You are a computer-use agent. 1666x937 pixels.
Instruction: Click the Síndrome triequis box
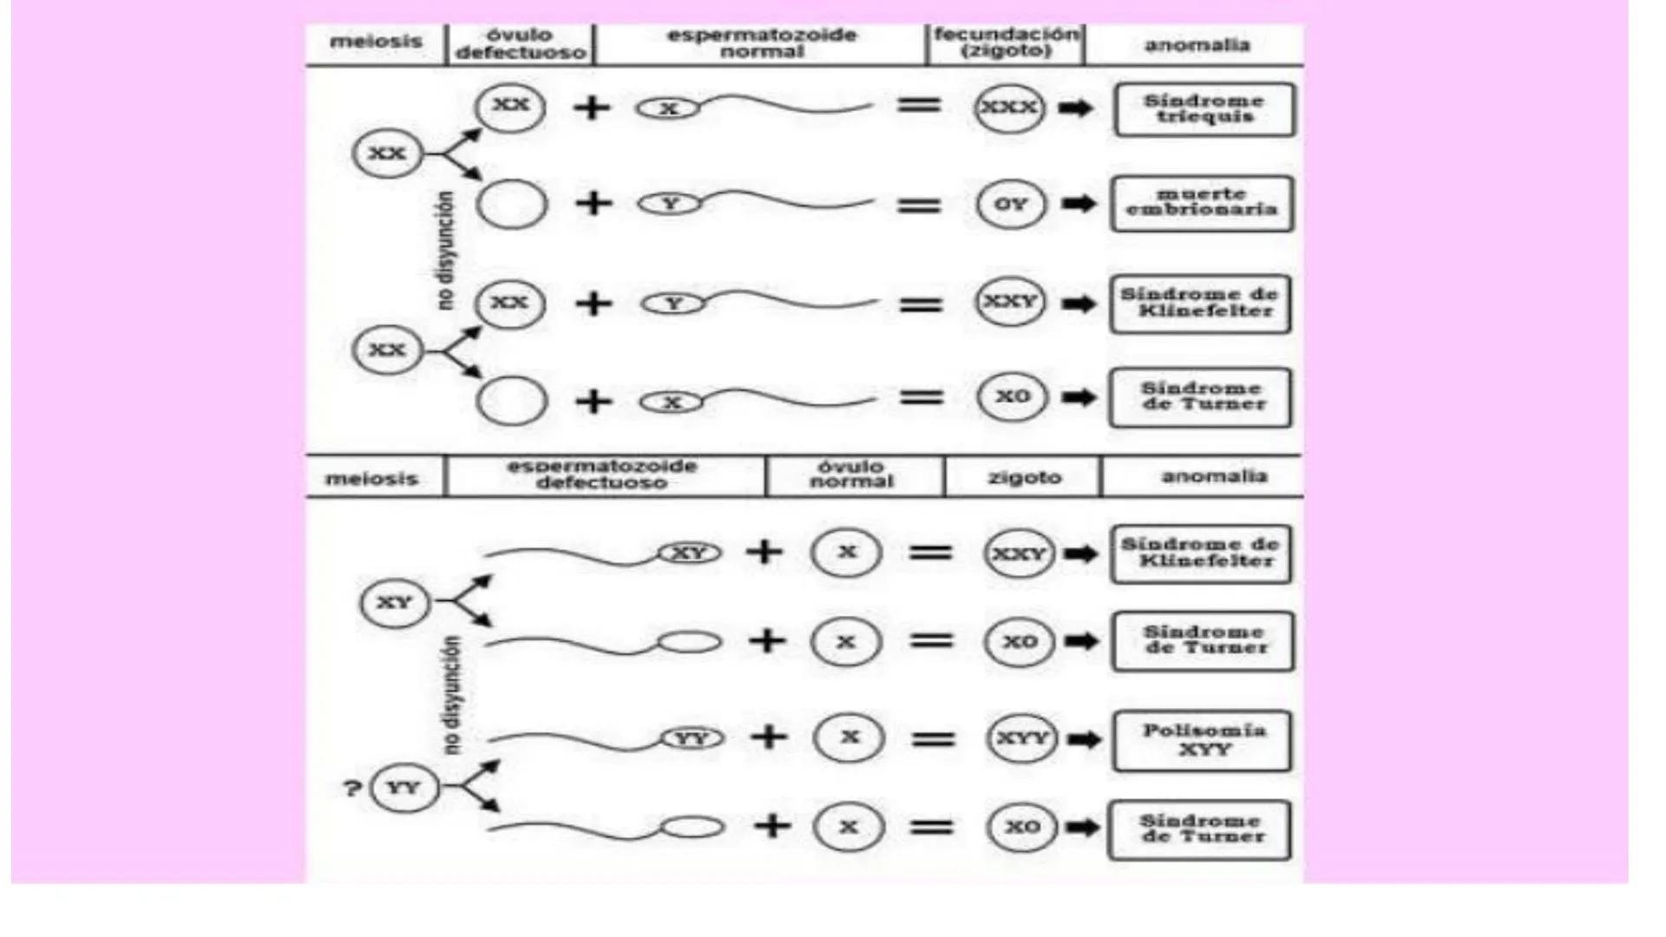[1204, 109]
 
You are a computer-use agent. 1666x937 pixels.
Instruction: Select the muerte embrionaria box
[1202, 203]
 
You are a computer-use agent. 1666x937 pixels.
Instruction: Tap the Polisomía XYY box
[1203, 740]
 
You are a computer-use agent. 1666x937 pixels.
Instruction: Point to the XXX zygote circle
[1008, 108]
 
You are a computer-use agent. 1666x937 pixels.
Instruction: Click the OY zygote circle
[1010, 205]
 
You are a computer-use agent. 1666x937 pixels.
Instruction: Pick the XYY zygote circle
[1022, 738]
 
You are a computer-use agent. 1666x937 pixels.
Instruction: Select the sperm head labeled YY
[692, 738]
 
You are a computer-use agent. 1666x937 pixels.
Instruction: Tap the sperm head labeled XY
[689, 553]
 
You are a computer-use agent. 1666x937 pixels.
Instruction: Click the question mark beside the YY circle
[351, 789]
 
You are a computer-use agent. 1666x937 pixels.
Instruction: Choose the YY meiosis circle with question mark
[403, 788]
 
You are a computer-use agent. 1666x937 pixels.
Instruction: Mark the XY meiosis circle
[395, 603]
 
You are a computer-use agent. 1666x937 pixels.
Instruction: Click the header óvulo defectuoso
[521, 43]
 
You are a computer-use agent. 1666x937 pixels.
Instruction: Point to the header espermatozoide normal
[761, 43]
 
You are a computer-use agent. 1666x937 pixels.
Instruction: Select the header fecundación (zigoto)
[1006, 43]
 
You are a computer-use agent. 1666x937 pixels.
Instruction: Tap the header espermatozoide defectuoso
[602, 475]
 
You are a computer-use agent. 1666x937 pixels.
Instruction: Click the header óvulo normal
[851, 474]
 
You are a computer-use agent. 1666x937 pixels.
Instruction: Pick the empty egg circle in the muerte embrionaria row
[512, 205]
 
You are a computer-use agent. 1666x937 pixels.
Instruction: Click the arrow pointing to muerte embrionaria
[1079, 204]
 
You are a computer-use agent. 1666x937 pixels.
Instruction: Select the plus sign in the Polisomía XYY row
[769, 737]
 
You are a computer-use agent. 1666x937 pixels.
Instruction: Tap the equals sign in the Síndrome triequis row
[919, 106]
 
